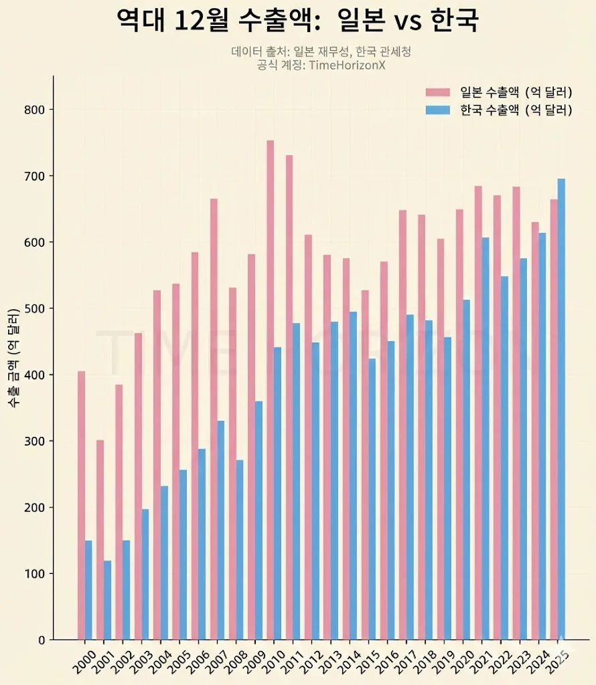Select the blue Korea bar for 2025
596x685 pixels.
pyautogui.click(x=561, y=409)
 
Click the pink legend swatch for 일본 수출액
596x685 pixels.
pyautogui.click(x=439, y=92)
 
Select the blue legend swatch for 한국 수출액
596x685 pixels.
pyautogui.click(x=439, y=110)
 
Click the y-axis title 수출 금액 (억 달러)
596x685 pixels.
pyautogui.click(x=13, y=359)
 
